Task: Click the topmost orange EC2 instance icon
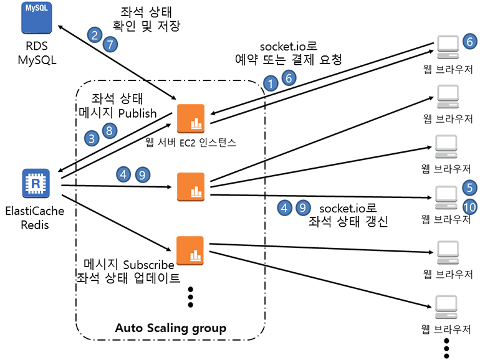click(x=191, y=118)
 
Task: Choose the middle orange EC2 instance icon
click(x=191, y=186)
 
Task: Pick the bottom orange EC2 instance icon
click(x=191, y=250)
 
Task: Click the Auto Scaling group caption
click(x=170, y=328)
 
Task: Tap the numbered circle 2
click(x=95, y=35)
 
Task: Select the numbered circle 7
click(x=110, y=45)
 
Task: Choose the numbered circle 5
click(x=470, y=186)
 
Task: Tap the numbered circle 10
click(x=470, y=207)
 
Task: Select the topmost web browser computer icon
click(x=446, y=44)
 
